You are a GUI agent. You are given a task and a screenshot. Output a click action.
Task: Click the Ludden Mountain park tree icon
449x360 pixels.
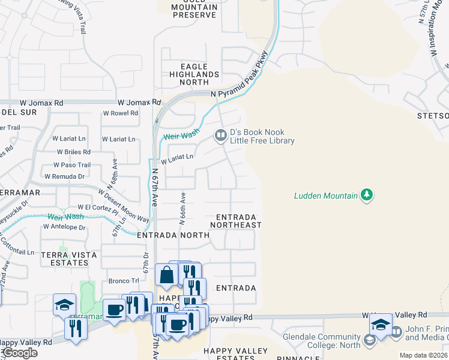click(367, 195)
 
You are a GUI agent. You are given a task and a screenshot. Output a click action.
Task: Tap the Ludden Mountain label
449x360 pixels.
click(325, 196)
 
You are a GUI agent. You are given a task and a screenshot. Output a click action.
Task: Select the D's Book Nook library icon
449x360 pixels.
click(221, 136)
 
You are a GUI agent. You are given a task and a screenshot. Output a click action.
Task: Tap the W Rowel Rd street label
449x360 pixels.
click(121, 113)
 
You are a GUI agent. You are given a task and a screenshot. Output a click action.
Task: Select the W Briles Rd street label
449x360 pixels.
click(74, 152)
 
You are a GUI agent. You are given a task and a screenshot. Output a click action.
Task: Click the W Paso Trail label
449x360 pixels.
click(72, 165)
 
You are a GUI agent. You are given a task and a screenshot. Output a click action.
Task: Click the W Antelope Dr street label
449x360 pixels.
click(64, 227)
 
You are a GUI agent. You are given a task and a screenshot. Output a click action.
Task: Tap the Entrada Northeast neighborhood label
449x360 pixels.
click(236, 221)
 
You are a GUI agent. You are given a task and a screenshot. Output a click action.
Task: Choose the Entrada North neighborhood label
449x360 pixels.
click(173, 236)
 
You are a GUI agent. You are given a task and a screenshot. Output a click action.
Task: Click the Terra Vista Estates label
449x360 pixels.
click(64, 258)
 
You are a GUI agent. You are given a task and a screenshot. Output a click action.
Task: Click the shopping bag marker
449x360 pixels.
click(166, 275)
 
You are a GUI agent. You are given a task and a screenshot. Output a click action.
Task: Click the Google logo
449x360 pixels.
click(19, 353)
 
